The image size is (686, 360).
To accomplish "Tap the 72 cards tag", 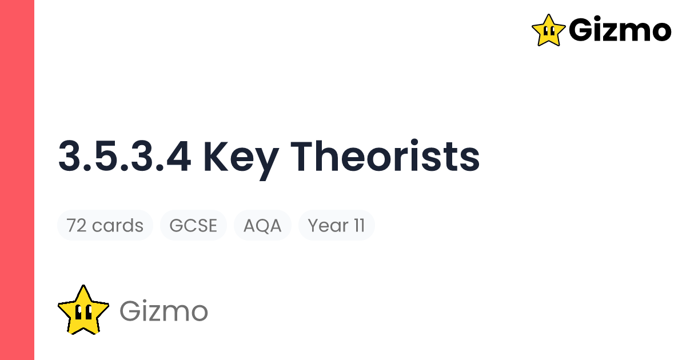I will point(105,226).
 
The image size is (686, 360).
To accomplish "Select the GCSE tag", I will point(193,226).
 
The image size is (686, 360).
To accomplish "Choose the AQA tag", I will point(262,226).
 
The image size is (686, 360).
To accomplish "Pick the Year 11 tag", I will point(336,226).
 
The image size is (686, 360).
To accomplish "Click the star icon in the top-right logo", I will point(548,30).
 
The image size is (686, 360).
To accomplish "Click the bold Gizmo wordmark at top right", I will point(620,30).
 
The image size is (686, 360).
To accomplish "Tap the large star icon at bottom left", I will point(83,310).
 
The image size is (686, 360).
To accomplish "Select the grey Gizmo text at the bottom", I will point(163,311).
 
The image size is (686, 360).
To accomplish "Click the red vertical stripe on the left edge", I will point(17,180).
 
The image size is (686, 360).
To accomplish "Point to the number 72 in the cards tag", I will point(77,226).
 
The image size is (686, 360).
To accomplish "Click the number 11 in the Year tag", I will point(358,226).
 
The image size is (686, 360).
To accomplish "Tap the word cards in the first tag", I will point(118,226).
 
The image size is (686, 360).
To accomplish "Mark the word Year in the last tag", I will point(328,226).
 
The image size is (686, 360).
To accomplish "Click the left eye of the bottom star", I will point(78,313).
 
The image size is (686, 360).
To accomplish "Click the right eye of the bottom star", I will point(88,313).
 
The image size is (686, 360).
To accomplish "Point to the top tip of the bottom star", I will point(83,286).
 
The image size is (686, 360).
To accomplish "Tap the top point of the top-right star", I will point(548,15).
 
